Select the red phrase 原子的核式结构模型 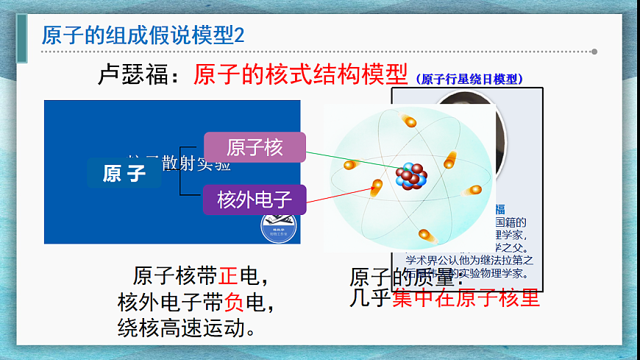coord(300,74)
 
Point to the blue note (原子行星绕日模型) coord(470,79)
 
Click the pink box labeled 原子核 coord(255,147)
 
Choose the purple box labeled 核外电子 coord(255,199)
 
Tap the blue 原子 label coord(124,173)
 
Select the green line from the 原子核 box coord(346,161)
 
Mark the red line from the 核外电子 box coord(338,194)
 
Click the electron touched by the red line coord(376,188)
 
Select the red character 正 coord(227,276)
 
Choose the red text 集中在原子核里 coord(466,298)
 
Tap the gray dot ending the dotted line coord(594,52)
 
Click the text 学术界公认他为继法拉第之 coord(469,260)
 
